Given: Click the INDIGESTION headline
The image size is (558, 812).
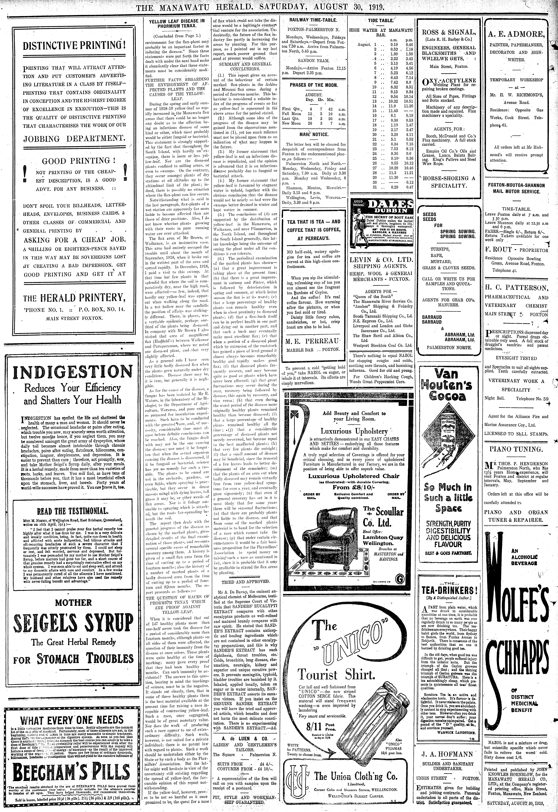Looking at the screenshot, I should coord(72,373).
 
